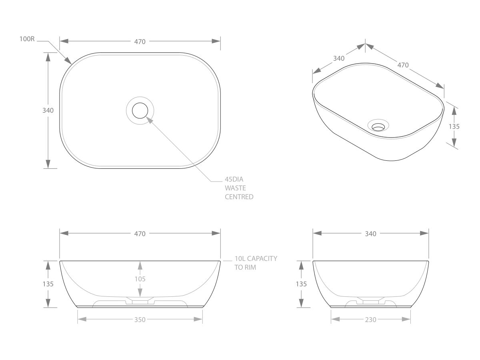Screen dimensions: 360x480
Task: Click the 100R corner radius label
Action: [28, 40]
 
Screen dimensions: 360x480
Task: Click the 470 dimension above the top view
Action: [140, 41]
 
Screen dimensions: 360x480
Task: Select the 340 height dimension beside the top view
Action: [48, 110]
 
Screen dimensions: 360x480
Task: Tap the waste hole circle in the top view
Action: [140, 110]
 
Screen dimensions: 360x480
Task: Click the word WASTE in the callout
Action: [236, 188]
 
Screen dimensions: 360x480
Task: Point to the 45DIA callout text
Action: [234, 180]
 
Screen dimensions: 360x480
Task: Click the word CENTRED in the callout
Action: [239, 197]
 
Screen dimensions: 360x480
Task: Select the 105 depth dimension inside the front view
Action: [140, 279]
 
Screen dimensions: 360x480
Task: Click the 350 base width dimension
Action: [140, 319]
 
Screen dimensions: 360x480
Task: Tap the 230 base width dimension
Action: [370, 319]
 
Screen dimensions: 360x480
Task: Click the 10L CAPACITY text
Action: [256, 258]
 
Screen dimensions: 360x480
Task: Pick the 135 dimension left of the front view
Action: [48, 284]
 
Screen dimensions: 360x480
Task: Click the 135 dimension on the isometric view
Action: [454, 126]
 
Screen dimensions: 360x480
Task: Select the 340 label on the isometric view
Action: [338, 58]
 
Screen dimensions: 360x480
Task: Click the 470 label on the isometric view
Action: [403, 64]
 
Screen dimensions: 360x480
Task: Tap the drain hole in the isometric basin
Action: [378, 127]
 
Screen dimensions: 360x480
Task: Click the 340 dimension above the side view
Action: [370, 234]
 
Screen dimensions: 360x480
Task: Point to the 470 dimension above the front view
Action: [140, 234]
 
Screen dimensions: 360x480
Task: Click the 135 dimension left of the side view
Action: [301, 284]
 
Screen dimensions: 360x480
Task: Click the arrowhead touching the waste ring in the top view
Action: [149, 120]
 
